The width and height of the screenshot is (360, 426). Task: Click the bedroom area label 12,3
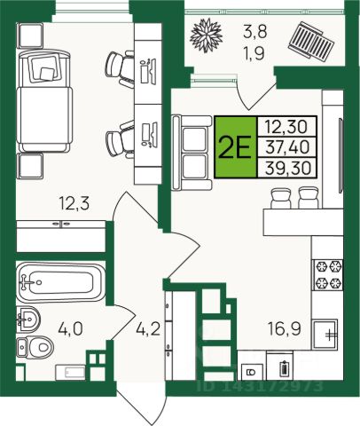tap(74, 204)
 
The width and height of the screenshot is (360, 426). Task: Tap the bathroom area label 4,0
tap(70, 329)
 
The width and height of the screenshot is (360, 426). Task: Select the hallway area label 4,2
tap(148, 328)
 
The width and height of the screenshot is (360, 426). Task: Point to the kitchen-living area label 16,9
tap(285, 328)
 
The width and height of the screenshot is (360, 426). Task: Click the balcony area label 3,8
tap(255, 32)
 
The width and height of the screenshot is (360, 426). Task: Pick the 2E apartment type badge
tap(236, 147)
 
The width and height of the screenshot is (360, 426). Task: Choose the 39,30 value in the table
tap(288, 168)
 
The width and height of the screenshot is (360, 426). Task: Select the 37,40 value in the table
tap(287, 147)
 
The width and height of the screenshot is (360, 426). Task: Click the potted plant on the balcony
tap(206, 34)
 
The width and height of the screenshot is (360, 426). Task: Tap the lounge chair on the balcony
tap(311, 40)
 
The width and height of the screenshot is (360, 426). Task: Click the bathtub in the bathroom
tap(61, 281)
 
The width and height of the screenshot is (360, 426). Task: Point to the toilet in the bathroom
tap(35, 348)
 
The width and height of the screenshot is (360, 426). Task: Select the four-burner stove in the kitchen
tap(328, 274)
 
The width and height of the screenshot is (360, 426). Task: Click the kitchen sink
tap(325, 335)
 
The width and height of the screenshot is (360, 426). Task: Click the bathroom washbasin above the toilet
tap(28, 319)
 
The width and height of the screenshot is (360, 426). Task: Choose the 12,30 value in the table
tap(286, 126)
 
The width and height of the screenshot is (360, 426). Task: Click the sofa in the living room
tap(192, 153)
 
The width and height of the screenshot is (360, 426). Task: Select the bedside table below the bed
tap(31, 166)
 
